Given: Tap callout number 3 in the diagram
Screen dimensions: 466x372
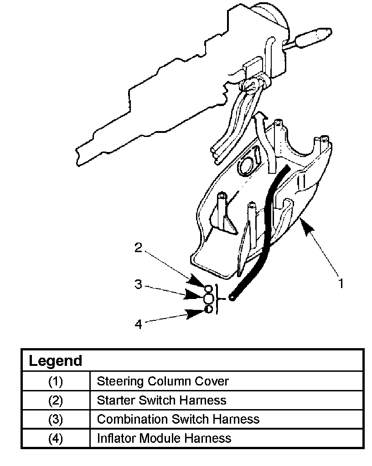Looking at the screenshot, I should click(139, 284).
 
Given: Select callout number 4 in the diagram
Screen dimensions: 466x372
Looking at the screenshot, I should click(139, 324).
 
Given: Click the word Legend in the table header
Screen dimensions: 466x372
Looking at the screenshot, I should click(55, 361).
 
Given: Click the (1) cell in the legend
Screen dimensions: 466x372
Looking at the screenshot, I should click(56, 381).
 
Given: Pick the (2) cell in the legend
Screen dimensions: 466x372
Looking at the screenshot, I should click(56, 400).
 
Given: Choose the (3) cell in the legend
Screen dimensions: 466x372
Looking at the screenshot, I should click(56, 419).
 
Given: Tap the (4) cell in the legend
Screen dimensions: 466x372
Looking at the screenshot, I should click(56, 439).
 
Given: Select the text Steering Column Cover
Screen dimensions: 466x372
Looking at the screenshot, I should click(163, 381).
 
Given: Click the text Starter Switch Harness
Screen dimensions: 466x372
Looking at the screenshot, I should click(161, 400).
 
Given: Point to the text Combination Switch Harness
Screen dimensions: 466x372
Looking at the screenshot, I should click(178, 419).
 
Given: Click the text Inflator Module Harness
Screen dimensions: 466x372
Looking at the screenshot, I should click(164, 439).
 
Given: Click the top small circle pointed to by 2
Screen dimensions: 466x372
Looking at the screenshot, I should click(208, 289).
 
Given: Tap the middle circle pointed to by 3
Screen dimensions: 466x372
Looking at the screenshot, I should click(208, 299).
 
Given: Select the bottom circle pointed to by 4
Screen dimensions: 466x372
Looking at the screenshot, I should click(208, 309).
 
